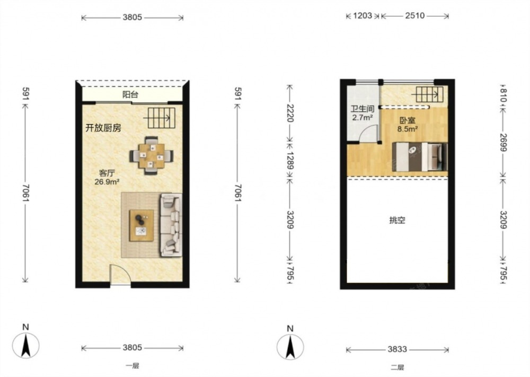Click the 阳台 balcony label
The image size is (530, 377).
(x=130, y=95)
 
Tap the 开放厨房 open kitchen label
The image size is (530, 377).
(x=103, y=128)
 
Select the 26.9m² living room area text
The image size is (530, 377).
(x=107, y=182)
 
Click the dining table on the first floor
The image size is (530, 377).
(x=152, y=155)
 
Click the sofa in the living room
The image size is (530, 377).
(x=171, y=224)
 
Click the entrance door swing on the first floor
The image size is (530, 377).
(x=120, y=275)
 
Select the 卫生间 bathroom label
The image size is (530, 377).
(x=363, y=109)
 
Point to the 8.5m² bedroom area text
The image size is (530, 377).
(x=408, y=129)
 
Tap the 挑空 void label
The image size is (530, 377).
(x=397, y=221)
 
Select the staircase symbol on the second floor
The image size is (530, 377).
(x=429, y=94)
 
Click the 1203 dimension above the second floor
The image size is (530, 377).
(x=363, y=15)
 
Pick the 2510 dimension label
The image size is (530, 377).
(x=415, y=15)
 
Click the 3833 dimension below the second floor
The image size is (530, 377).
(x=397, y=349)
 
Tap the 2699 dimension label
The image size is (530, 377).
(x=503, y=142)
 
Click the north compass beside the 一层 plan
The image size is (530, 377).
(x=25, y=345)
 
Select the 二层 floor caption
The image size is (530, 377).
(x=397, y=367)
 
